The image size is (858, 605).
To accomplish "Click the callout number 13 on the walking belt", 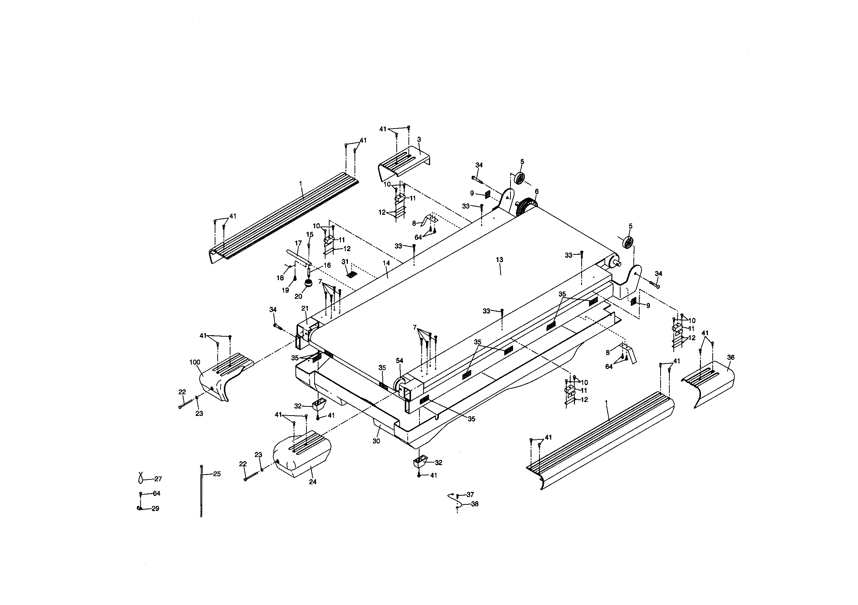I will click(x=499, y=260).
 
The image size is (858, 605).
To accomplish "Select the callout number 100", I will click(x=195, y=362).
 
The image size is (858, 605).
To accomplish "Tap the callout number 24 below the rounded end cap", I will click(x=312, y=482).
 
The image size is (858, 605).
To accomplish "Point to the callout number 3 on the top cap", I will click(x=419, y=139).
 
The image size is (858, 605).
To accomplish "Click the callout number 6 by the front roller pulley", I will click(x=536, y=191).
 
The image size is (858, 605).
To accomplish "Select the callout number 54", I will click(x=400, y=361).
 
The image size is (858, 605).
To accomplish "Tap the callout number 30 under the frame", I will click(x=376, y=441).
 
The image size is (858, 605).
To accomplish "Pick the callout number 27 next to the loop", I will click(x=158, y=479).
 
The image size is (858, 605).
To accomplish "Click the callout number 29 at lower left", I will click(x=155, y=508).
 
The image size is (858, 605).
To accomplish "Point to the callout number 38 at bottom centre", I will click(x=475, y=504).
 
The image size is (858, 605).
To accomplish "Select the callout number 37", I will click(x=470, y=494).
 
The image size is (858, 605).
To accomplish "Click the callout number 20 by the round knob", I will click(x=298, y=296).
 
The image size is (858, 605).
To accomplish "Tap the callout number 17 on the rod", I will click(x=298, y=243).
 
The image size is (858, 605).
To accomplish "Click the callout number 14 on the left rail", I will click(x=386, y=263).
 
